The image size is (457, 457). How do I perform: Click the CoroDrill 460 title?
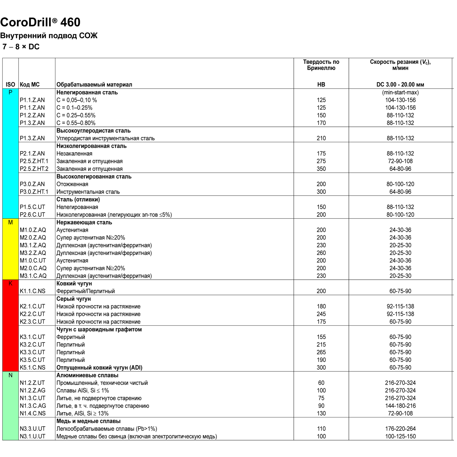(40, 22)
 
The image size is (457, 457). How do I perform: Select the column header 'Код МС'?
(30, 85)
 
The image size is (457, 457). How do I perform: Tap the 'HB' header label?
(321, 85)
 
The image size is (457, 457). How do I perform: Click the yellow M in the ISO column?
(10, 223)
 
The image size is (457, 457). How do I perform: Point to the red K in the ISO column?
(10, 284)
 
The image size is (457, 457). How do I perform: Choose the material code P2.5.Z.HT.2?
(34, 169)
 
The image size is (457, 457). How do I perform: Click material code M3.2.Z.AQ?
(33, 253)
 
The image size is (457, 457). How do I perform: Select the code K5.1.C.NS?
(33, 367)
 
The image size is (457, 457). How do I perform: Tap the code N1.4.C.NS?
(33, 413)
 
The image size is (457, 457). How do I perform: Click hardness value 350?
(321, 169)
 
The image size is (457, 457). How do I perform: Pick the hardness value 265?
(321, 352)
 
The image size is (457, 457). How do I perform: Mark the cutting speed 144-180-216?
(400, 406)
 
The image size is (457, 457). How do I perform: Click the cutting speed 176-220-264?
(400, 429)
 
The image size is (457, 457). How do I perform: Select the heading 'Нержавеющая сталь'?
(84, 222)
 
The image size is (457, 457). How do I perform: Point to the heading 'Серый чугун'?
(73, 299)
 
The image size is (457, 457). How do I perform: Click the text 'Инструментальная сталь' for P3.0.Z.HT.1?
(88, 192)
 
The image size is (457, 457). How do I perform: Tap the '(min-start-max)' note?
(400, 92)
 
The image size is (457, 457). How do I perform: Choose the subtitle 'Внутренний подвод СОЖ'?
(49, 36)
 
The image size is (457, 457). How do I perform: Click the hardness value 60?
(321, 383)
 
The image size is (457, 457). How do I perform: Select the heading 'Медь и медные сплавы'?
(88, 421)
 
